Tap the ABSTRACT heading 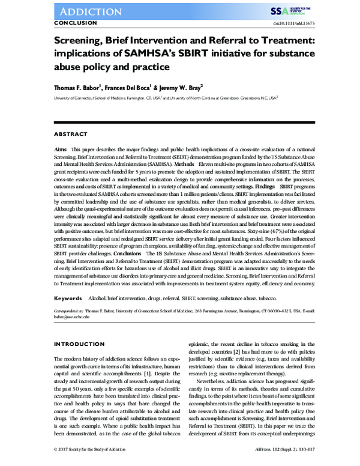pyautogui.click(x=70, y=133)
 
